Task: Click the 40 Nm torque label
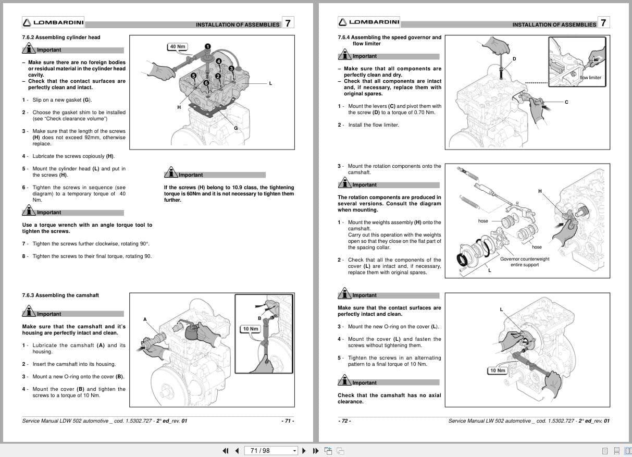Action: click(178, 46)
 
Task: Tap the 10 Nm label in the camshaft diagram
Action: click(250, 329)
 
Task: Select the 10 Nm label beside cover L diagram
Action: click(497, 370)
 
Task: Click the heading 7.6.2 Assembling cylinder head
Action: click(61, 38)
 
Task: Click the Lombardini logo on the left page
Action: click(53, 22)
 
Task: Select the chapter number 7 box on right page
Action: click(603, 22)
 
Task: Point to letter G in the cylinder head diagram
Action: click(236, 128)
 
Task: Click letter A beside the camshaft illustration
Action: click(145, 319)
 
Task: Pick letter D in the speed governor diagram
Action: click(514, 59)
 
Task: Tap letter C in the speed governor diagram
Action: click(566, 102)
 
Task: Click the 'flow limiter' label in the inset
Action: click(590, 78)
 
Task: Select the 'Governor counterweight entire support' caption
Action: click(524, 262)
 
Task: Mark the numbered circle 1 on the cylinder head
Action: click(207, 46)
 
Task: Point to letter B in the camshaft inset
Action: click(259, 318)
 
